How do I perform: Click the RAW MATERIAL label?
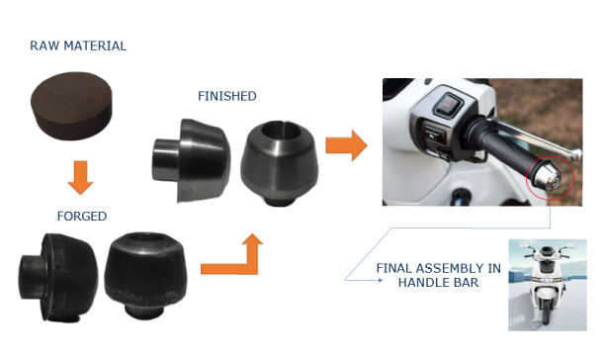point(78,45)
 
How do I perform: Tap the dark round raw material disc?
point(71,105)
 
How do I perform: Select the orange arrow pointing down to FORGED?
point(80,177)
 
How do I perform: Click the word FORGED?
point(82,217)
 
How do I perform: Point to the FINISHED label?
point(227,96)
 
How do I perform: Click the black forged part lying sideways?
point(57,277)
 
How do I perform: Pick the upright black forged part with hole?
point(145,274)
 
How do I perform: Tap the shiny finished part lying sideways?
point(191,160)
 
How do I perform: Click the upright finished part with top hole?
point(280,162)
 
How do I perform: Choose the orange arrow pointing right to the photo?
point(346,145)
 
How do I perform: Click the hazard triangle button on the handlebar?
point(449,103)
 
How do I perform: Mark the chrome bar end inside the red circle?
point(548,177)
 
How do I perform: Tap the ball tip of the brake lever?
point(576,155)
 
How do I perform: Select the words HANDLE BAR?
point(438,283)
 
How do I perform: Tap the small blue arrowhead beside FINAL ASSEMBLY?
point(381,280)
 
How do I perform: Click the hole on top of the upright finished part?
point(281,132)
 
